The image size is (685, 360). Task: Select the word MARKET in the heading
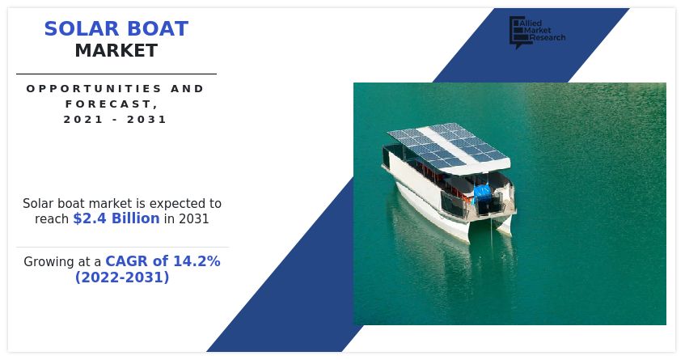point(116,51)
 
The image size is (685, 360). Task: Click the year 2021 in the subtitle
point(79,120)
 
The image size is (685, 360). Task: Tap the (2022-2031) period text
point(122,277)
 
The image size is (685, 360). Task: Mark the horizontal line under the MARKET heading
point(116,74)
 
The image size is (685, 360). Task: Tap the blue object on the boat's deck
point(481,193)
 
